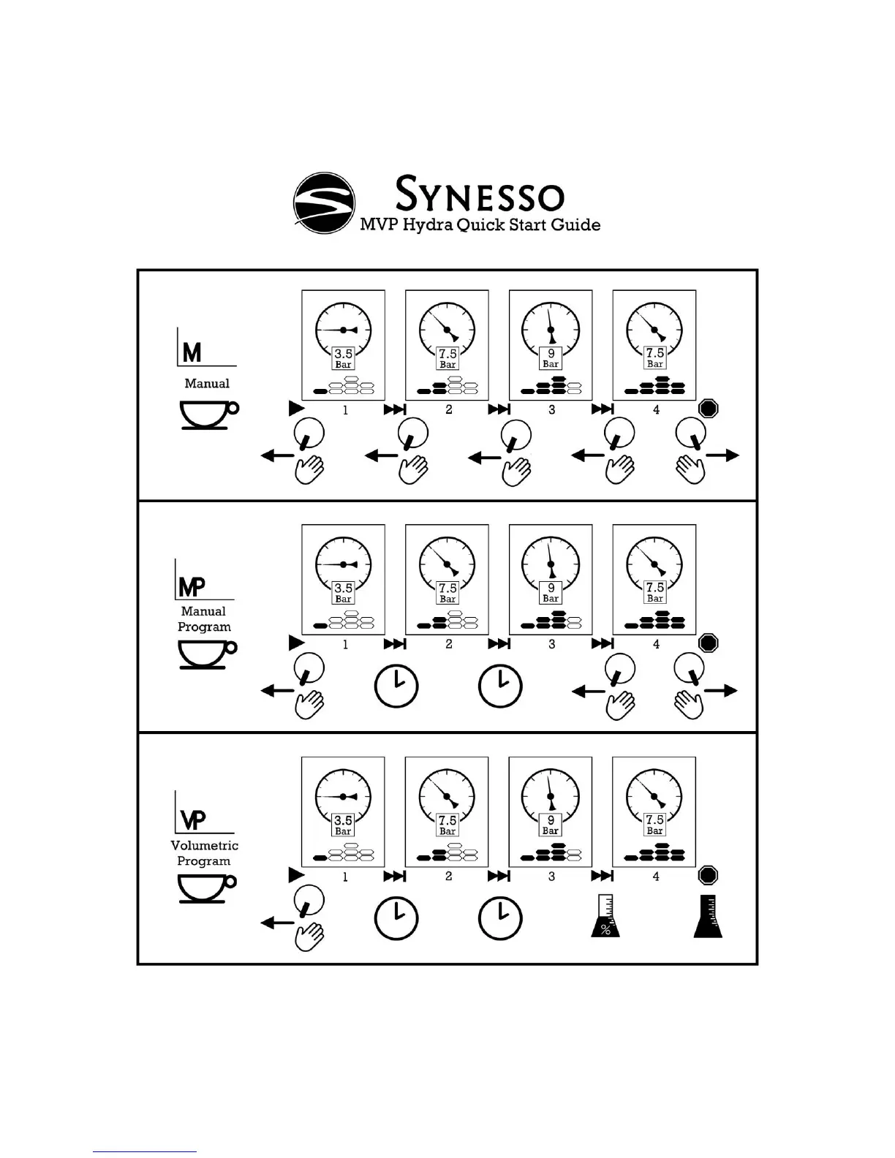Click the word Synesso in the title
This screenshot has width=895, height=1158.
(x=480, y=196)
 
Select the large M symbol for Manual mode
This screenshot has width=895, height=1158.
(x=192, y=353)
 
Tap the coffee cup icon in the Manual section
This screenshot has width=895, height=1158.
(x=208, y=415)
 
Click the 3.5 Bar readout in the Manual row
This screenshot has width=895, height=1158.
(x=343, y=357)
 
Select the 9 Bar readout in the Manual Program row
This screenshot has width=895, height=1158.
(x=551, y=591)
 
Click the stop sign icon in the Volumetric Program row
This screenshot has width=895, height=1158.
(x=708, y=875)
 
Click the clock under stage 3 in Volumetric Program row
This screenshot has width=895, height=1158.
(x=500, y=919)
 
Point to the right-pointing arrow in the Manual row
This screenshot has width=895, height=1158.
(x=722, y=455)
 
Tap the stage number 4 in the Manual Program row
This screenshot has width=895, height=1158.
(x=656, y=644)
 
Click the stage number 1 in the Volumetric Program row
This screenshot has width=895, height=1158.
(x=345, y=877)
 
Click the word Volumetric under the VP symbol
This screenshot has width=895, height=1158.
(x=205, y=845)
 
